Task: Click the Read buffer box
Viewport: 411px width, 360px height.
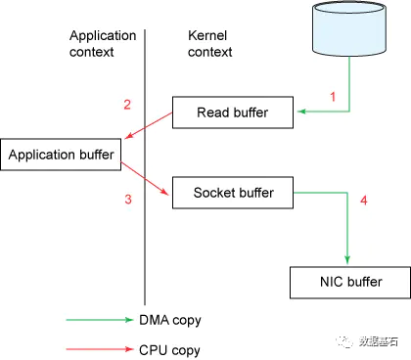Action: point(233,112)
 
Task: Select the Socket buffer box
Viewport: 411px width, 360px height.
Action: point(233,193)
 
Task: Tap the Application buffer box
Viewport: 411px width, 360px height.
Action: point(61,155)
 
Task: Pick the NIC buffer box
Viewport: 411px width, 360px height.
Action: point(350,283)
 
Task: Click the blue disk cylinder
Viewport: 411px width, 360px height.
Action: point(349,28)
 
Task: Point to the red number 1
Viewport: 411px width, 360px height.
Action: point(333,97)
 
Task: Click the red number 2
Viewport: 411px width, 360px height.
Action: point(127,105)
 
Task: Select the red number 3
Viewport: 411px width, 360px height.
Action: point(128,199)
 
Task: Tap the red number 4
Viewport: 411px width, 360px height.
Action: point(364,200)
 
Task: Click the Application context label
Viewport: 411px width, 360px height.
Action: point(103,44)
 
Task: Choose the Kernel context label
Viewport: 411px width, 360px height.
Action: point(209,44)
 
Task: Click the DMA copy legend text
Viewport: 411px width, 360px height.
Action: point(170,321)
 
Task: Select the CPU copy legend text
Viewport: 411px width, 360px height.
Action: point(169,350)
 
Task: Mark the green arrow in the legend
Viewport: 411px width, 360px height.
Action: point(100,320)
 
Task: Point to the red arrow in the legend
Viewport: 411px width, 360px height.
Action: point(100,349)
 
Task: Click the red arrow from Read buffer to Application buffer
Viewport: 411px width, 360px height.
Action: point(149,125)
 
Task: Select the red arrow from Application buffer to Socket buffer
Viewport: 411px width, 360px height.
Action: point(145,178)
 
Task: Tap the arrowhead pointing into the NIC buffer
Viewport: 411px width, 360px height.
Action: point(347,260)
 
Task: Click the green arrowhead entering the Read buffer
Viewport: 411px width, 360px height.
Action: point(302,112)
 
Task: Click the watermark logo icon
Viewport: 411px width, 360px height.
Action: point(344,341)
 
